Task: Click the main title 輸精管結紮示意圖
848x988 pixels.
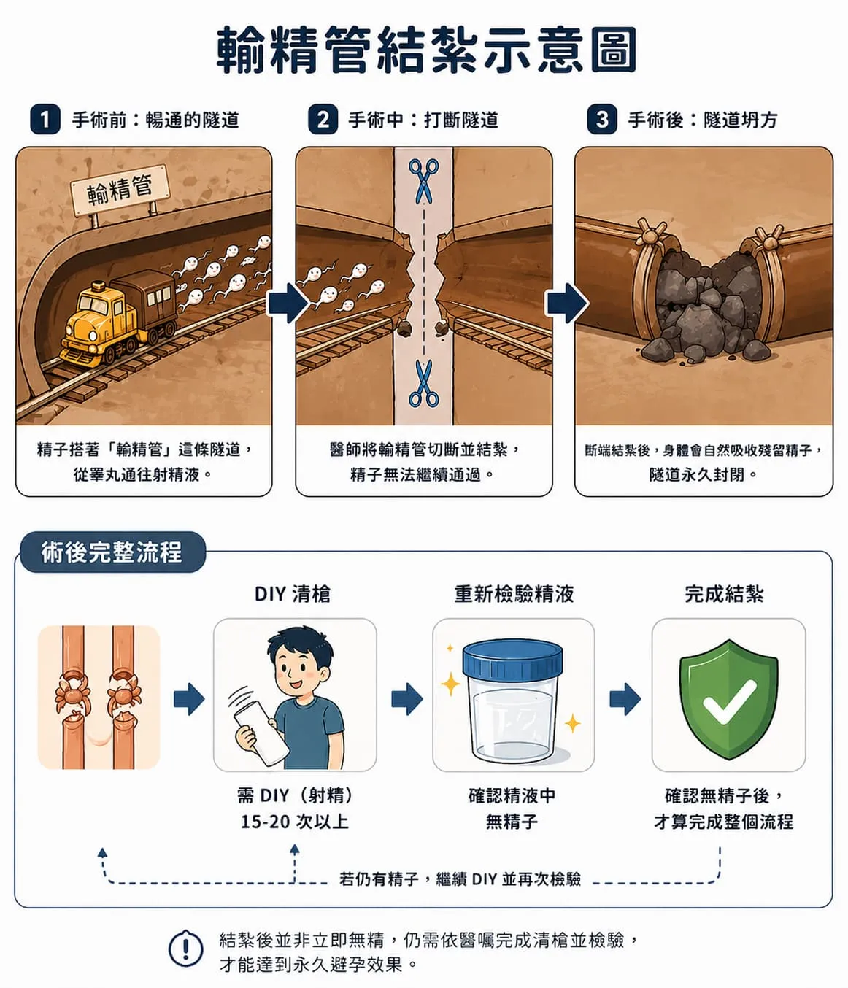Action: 427,50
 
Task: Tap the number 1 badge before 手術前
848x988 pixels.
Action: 45,120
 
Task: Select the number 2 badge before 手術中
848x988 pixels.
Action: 323,120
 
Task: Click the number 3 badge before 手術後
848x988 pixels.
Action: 602,120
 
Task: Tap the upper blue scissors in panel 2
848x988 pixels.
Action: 423,180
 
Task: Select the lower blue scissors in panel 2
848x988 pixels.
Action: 423,384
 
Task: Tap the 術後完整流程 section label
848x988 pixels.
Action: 111,552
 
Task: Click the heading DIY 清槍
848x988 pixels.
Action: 293,594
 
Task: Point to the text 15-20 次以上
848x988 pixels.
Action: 295,822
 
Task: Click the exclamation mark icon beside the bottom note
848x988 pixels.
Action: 186,949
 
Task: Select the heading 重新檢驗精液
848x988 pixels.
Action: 514,594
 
